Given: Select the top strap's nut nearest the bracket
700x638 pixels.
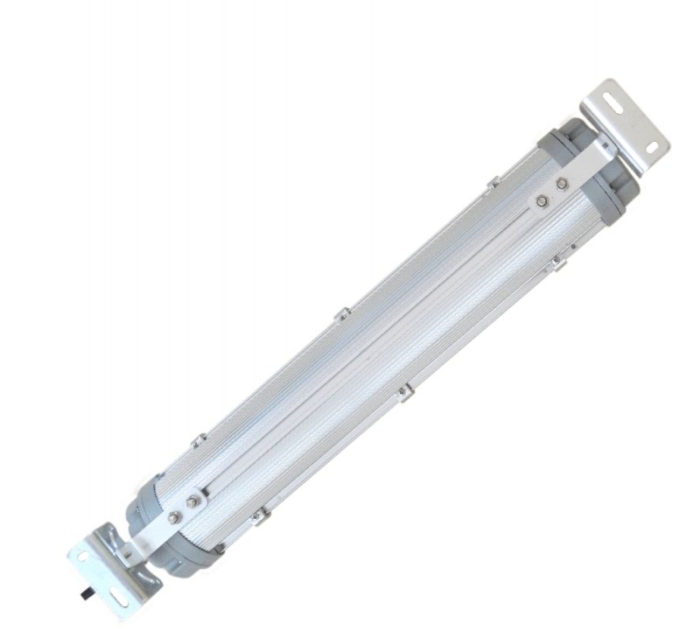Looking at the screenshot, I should tap(562, 185).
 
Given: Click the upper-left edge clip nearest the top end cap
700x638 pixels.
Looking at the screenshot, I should tap(494, 182).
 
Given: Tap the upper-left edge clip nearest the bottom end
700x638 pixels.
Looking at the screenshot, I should tap(199, 438).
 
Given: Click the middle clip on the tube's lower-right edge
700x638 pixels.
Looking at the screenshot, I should tap(403, 393).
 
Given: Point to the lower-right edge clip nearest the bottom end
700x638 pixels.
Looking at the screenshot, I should tap(257, 518).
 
